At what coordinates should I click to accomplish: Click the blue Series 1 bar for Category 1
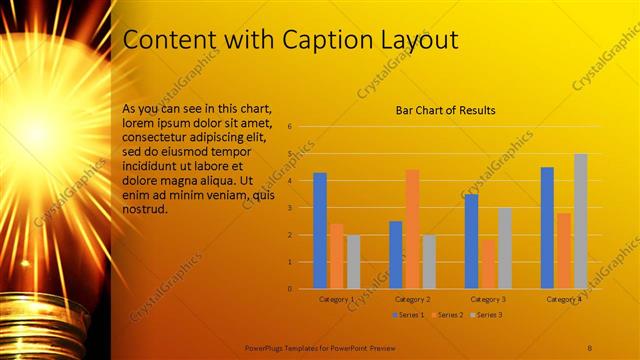click(x=320, y=231)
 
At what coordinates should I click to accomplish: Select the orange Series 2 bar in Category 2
click(x=412, y=229)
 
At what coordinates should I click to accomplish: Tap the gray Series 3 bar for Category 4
click(x=581, y=221)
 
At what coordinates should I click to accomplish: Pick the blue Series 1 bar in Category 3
click(x=472, y=241)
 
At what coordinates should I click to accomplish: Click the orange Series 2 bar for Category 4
click(x=564, y=250)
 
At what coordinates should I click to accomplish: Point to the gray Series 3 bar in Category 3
click(x=505, y=248)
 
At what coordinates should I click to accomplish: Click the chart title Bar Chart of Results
click(x=446, y=110)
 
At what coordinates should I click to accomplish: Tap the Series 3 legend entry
click(x=487, y=315)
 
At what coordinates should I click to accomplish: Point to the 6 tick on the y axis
click(x=289, y=127)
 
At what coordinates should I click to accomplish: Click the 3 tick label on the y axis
click(x=289, y=208)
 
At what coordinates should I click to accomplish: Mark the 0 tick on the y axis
click(x=289, y=289)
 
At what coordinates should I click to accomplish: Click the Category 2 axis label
click(x=412, y=299)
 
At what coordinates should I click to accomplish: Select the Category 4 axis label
click(x=564, y=299)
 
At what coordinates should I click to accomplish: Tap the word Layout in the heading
click(x=418, y=40)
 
